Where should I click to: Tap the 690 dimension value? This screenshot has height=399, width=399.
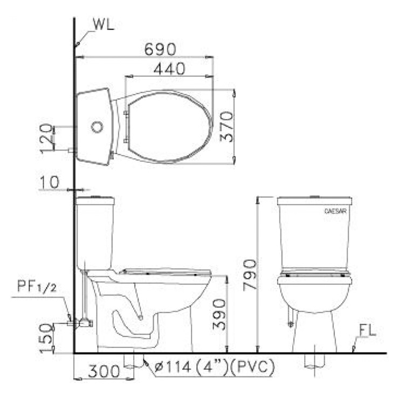(x=160, y=49)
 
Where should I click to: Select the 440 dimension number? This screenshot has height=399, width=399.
(x=169, y=68)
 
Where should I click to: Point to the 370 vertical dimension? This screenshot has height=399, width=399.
(x=226, y=127)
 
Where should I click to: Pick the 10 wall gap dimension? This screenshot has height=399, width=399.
(x=50, y=182)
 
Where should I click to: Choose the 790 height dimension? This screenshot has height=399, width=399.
(x=249, y=275)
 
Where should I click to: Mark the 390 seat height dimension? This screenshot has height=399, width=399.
(x=219, y=314)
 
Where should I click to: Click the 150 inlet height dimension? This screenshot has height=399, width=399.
(x=47, y=338)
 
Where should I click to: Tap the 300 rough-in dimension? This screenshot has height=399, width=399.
(x=104, y=371)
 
